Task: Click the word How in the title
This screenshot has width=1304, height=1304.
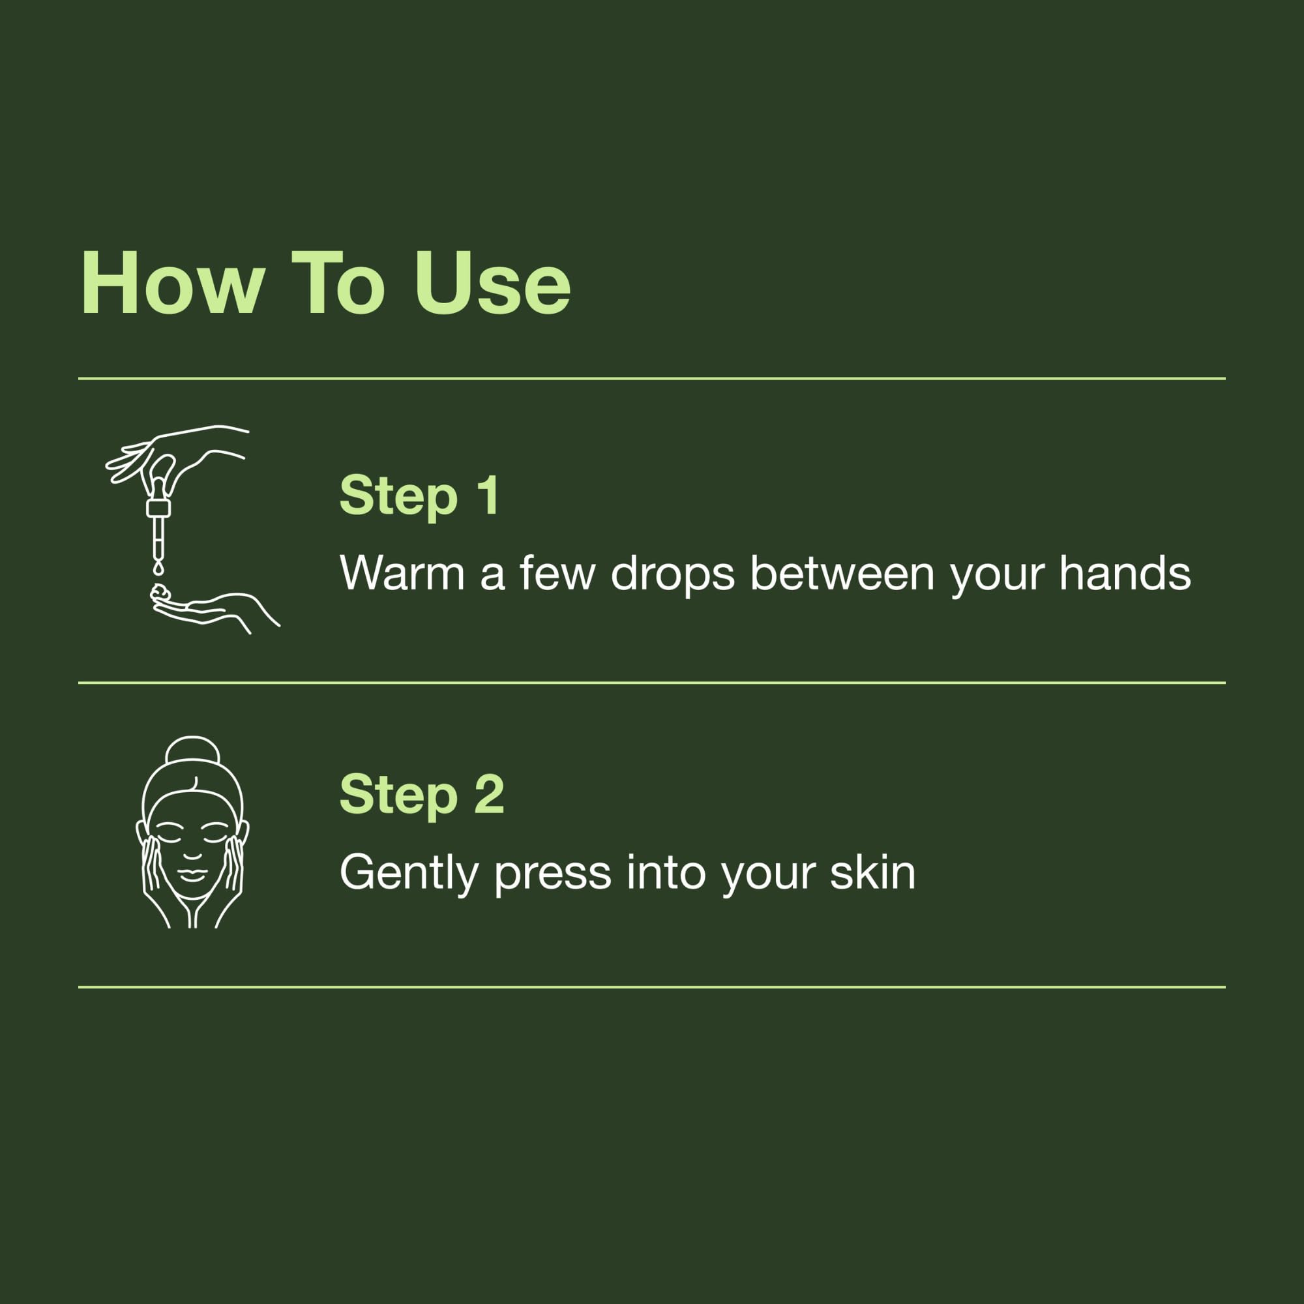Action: tap(172, 284)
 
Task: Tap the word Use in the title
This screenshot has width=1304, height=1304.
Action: tap(493, 284)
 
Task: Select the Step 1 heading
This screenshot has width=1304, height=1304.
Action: tap(419, 496)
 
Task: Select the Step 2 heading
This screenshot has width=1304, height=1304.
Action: tap(422, 794)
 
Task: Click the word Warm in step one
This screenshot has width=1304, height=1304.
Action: tap(402, 574)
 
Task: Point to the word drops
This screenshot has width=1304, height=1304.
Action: tap(672, 574)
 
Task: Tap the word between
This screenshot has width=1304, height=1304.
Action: tap(842, 574)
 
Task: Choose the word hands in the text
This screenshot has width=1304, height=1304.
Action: tap(1125, 574)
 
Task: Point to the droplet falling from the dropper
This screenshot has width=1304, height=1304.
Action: tap(158, 569)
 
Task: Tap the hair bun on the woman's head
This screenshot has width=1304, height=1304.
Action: tap(192, 750)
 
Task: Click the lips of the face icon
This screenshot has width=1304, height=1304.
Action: tap(192, 876)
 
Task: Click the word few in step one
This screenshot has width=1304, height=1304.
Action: tap(557, 574)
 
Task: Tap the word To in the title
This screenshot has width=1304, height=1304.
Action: tap(338, 284)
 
